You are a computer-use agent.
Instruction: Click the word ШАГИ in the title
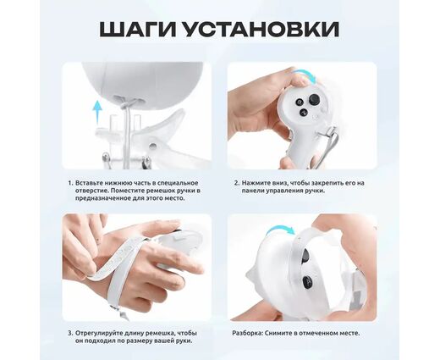coord(140,29)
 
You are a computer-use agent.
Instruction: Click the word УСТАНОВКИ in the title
coord(261,29)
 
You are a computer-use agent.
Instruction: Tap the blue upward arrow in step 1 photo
coord(97,112)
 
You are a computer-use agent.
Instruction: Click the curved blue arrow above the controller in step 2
coord(305,75)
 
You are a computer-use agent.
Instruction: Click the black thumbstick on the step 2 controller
coord(313,99)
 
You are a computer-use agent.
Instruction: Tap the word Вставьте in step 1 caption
coord(87,183)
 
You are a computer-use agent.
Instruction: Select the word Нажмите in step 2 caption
coord(253,183)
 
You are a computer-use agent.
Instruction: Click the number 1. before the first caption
coord(70,183)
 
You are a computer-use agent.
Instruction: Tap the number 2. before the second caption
coord(237,183)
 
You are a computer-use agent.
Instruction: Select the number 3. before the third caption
coord(70,333)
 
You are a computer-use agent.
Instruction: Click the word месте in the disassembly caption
coord(350,333)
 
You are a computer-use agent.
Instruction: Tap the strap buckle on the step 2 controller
coord(330,132)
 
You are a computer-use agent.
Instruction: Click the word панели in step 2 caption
coord(250,191)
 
